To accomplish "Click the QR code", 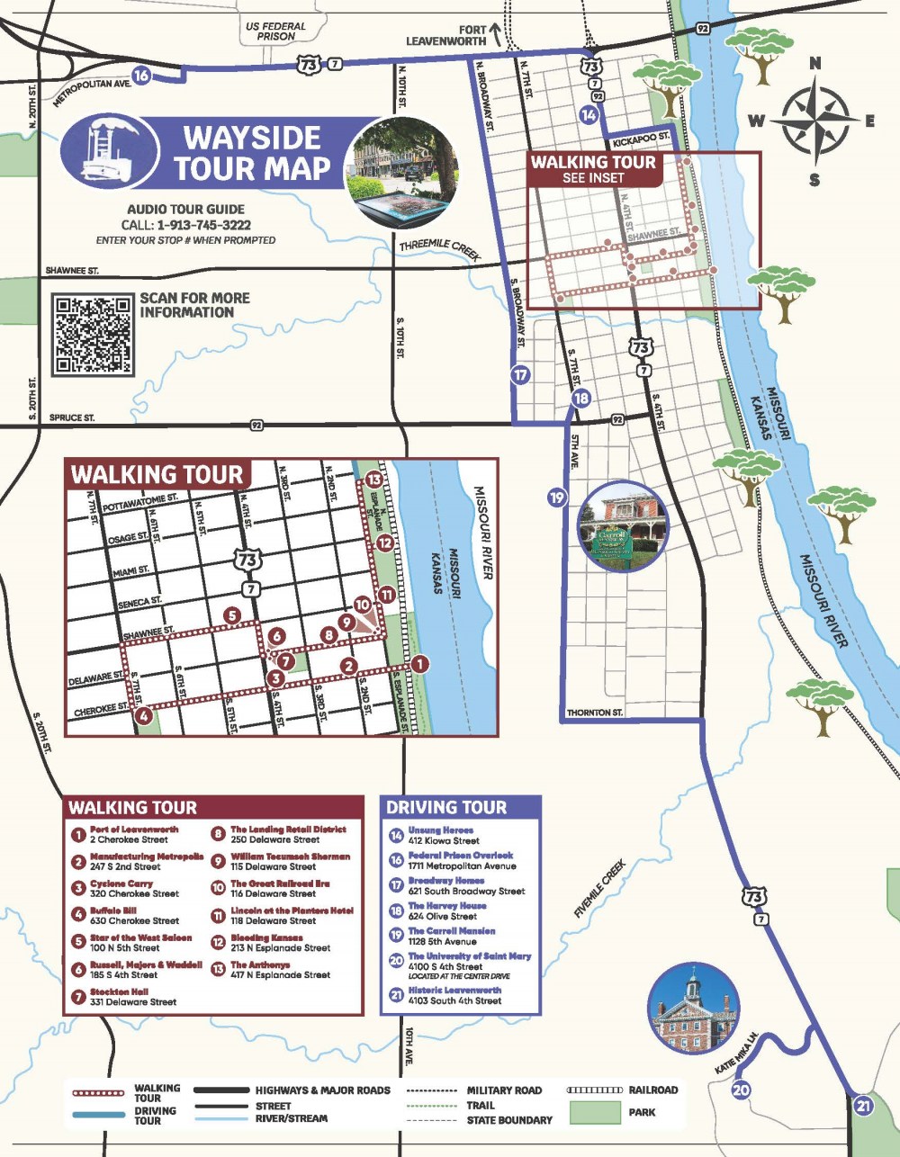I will point(93,334).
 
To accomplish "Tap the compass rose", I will point(814,120).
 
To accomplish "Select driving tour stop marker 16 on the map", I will point(140,76).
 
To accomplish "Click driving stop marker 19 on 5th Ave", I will point(557,497).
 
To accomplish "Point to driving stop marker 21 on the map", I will point(863,1106).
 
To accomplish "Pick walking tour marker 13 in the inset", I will point(373,480).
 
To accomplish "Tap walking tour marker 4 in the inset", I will point(143,716).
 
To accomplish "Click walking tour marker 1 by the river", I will point(419,664).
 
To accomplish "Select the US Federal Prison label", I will point(275,31).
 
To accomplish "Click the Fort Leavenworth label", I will point(447,35).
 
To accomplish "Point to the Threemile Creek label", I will point(440,248).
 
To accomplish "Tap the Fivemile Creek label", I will point(599,889).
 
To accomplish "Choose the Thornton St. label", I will point(594,713).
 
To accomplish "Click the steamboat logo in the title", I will point(108,150).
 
